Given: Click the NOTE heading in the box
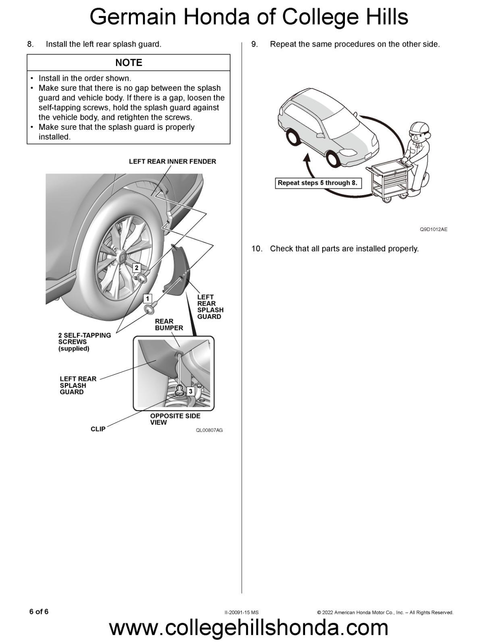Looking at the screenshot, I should pyautogui.click(x=129, y=63).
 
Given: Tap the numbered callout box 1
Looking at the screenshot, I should pyautogui.click(x=148, y=299).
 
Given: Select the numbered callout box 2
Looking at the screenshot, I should pyautogui.click(x=137, y=268).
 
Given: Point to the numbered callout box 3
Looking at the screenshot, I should pyautogui.click(x=191, y=391).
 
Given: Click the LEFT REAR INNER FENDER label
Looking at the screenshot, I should pyautogui.click(x=172, y=161).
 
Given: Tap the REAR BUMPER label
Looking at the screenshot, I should pyautogui.click(x=169, y=324).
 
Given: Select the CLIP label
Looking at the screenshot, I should pyautogui.click(x=98, y=429).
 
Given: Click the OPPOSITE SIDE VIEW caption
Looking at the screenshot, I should pyautogui.click(x=175, y=419).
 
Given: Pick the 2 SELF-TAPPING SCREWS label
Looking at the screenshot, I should pyautogui.click(x=84, y=342).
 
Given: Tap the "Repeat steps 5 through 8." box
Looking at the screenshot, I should pyautogui.click(x=317, y=183).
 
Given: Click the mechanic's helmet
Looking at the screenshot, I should pyautogui.click(x=419, y=128).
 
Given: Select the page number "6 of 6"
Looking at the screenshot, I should pyautogui.click(x=39, y=612).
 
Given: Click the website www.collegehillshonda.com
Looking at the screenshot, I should pyautogui.click(x=249, y=628).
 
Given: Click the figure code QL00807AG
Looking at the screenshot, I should pyautogui.click(x=209, y=430).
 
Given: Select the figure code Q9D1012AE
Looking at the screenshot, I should pyautogui.click(x=434, y=229).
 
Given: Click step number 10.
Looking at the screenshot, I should pyautogui.click(x=257, y=249).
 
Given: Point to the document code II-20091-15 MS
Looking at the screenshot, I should pyautogui.click(x=241, y=613).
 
